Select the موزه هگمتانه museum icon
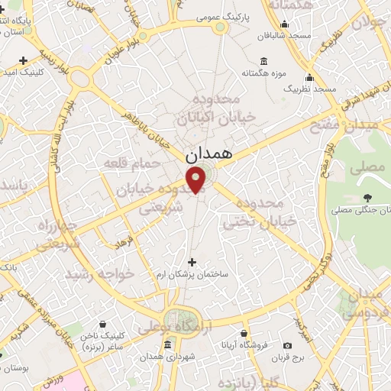pyautogui.click(x=263, y=61)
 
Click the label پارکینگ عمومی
pyautogui.click(x=220, y=15)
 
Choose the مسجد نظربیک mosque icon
pyautogui.click(x=309, y=77)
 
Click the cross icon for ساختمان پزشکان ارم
pyautogui.click(x=192, y=262)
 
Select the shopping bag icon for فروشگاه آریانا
pyautogui.click(x=244, y=334)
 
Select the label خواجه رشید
pyautogui.click(x=99, y=273)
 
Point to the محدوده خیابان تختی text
pyautogui.click(x=251, y=212)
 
